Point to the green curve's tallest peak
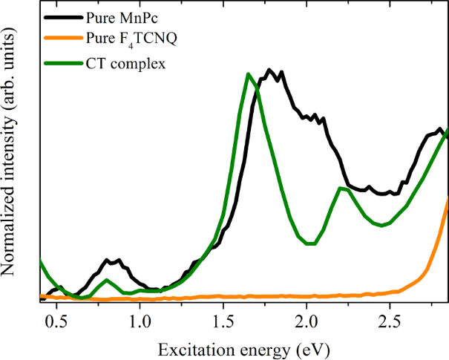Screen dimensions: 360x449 249,73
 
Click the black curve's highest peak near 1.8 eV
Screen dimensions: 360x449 270,70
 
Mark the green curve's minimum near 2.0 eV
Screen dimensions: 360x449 310,244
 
